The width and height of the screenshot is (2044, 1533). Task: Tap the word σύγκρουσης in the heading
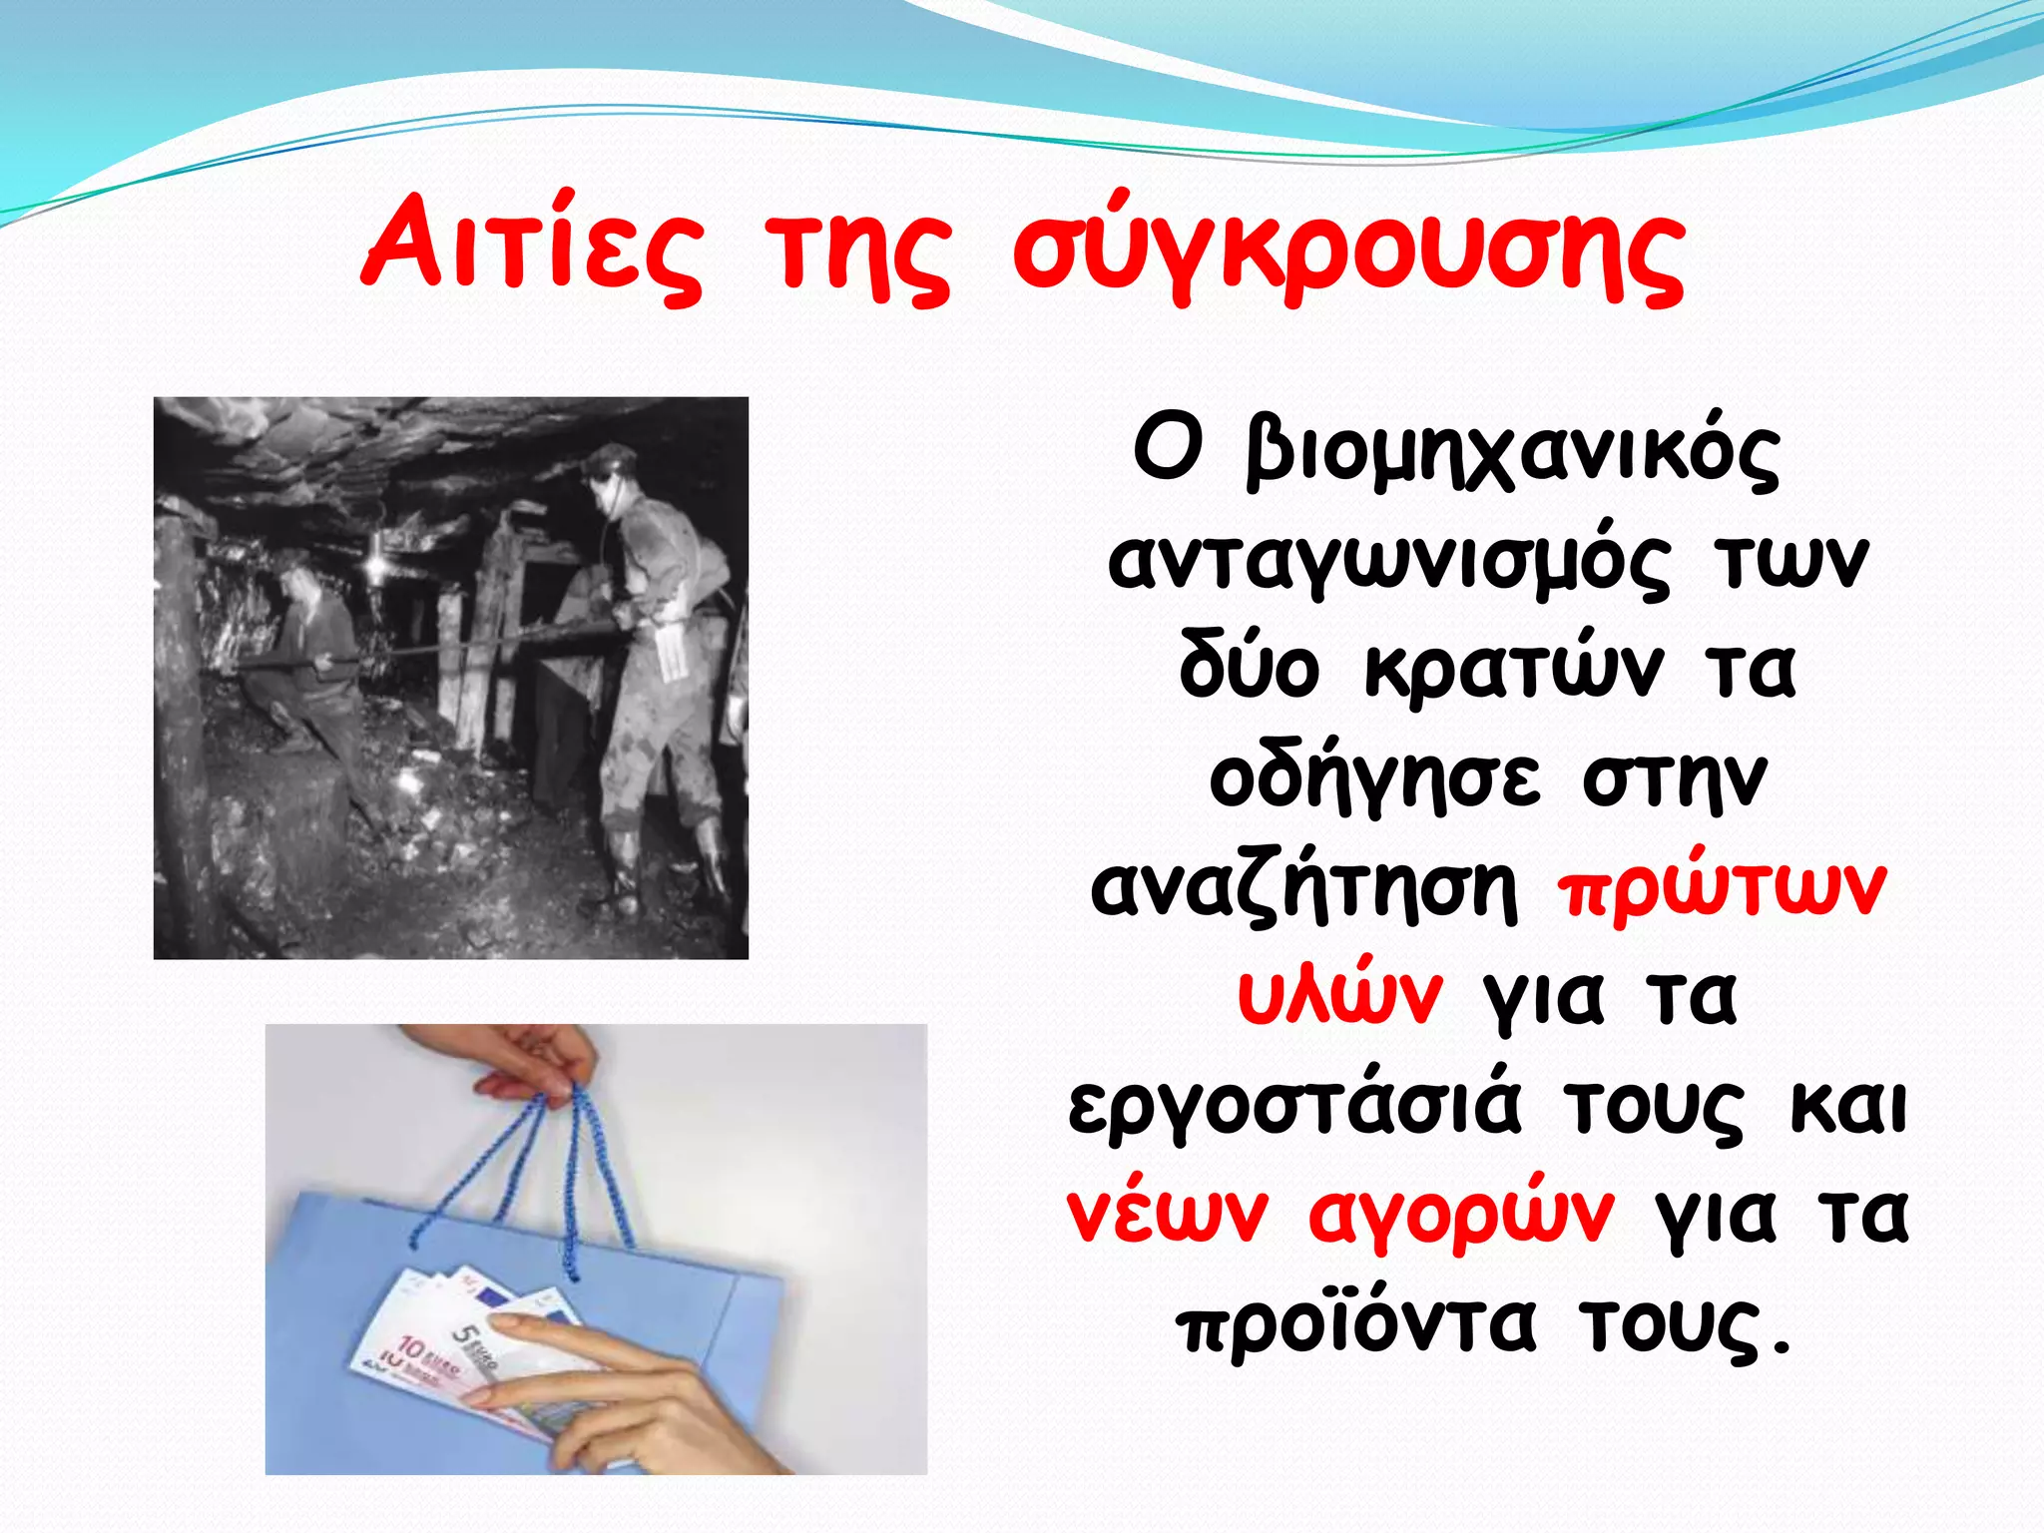tap(1348, 250)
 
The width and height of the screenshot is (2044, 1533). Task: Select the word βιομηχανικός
tap(1512, 454)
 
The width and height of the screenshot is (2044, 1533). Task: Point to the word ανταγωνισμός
tap(1388, 564)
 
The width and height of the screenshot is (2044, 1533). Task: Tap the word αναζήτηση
tap(1303, 888)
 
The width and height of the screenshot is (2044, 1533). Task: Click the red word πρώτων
tap(1722, 888)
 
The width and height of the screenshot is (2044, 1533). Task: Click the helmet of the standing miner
tap(608, 460)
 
